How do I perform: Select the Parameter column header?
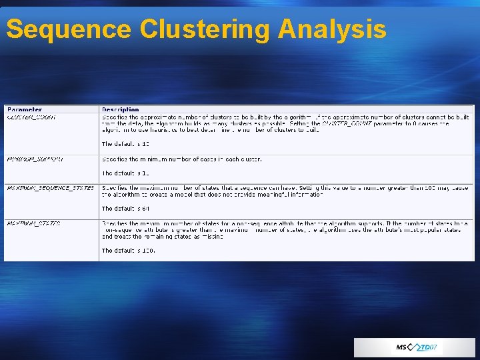[x=24, y=109]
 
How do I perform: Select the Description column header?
[x=121, y=109]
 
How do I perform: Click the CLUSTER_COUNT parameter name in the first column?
[x=31, y=117]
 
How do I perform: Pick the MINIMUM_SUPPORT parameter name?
[x=35, y=159]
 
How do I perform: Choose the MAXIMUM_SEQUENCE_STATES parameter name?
[x=50, y=188]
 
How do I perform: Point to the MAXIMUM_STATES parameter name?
[x=33, y=223]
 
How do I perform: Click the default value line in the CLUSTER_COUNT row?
[x=126, y=144]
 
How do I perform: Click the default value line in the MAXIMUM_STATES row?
[x=128, y=251]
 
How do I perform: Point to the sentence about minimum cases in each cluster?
[x=181, y=159]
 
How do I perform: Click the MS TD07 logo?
[x=415, y=347]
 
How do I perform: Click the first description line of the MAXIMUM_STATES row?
[x=285, y=223]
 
